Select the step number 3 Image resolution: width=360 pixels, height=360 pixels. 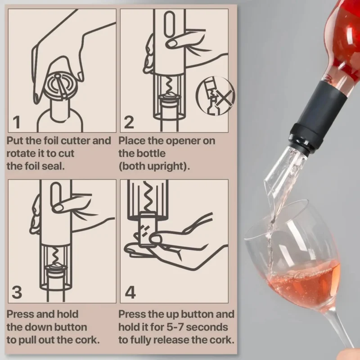[x=17, y=292]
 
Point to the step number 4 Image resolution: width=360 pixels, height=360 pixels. [x=130, y=292]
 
